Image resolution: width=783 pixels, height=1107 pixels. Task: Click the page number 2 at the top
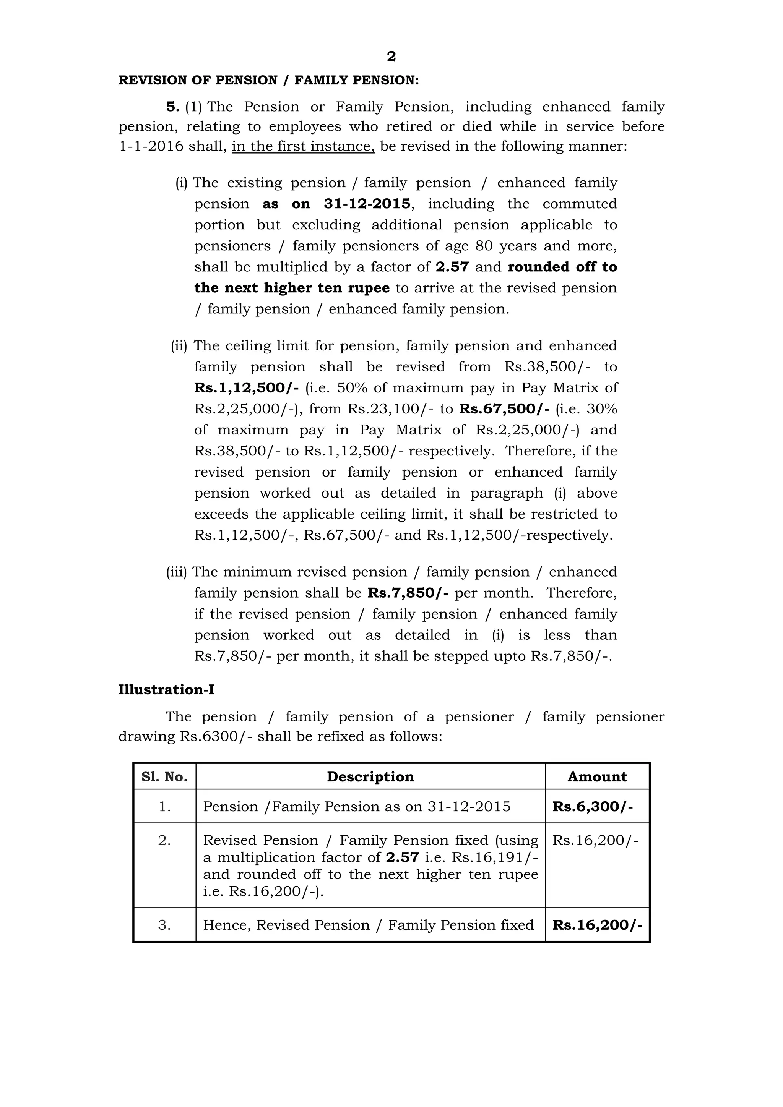391,57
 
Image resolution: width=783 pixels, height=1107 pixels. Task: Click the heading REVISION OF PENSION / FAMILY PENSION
269,81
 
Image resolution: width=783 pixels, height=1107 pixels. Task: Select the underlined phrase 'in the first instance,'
303,146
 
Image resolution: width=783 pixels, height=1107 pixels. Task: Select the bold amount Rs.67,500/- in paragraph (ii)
504,409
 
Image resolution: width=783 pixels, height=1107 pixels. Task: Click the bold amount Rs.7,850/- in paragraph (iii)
408,593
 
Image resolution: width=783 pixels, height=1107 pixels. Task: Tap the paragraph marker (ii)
179,346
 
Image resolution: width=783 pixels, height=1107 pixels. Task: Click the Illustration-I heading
166,690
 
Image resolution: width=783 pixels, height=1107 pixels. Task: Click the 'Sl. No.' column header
164,777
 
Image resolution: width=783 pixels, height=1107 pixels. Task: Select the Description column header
370,777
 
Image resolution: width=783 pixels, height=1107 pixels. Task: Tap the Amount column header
597,777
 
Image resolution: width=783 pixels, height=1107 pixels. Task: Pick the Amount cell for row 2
595,840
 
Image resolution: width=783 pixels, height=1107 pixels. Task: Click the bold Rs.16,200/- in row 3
597,925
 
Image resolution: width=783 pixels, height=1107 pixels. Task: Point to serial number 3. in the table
164,925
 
